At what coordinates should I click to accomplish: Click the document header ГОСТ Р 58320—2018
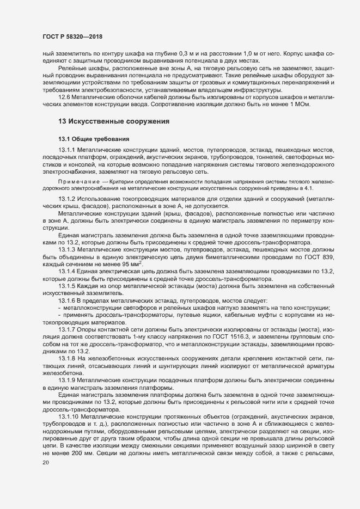72,36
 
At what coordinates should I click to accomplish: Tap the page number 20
45,464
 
